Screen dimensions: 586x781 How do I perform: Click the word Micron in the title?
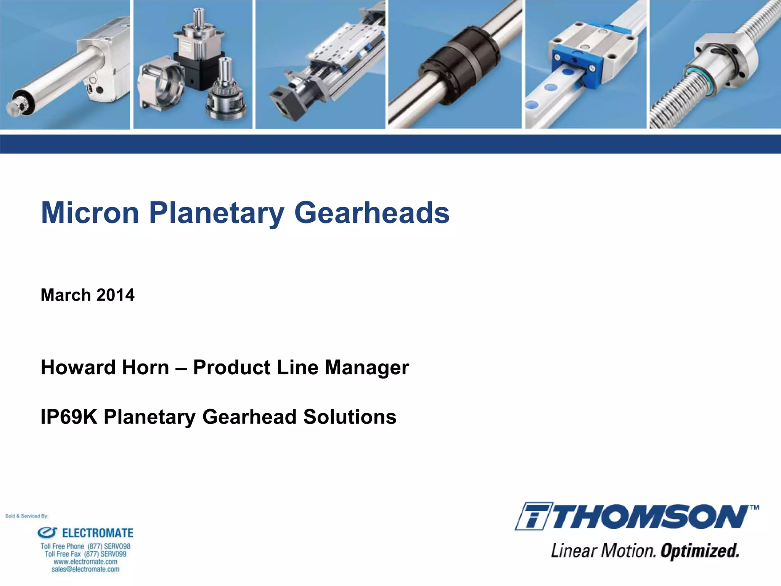tap(90, 213)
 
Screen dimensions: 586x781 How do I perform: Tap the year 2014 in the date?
tap(115, 295)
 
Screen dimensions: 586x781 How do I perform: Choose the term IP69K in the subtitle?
tap(69, 417)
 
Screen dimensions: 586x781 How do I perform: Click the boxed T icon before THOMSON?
tap(533, 517)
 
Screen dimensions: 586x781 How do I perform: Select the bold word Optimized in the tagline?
tap(700, 551)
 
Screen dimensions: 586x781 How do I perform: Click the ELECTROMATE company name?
tap(98, 533)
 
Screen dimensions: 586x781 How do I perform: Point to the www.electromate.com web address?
tap(85, 562)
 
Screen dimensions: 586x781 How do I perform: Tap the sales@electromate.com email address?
tap(85, 569)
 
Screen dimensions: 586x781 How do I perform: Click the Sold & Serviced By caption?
tap(27, 516)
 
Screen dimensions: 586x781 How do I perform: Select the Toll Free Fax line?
tap(85, 554)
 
